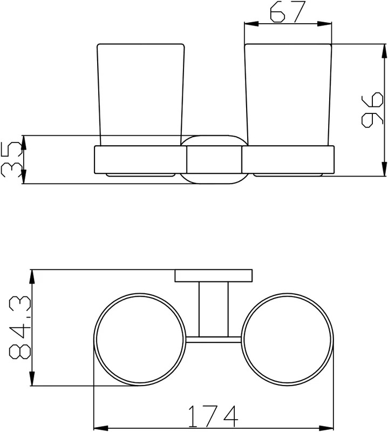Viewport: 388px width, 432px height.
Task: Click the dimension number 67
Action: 288,11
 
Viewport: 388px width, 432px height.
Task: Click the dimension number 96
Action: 372,110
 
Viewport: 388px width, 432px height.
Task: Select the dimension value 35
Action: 11,159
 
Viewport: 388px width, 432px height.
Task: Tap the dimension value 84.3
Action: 20,328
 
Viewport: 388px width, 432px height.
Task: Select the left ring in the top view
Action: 94,340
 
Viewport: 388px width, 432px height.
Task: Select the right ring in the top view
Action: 333,340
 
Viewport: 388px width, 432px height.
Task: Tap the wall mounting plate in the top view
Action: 214,276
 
